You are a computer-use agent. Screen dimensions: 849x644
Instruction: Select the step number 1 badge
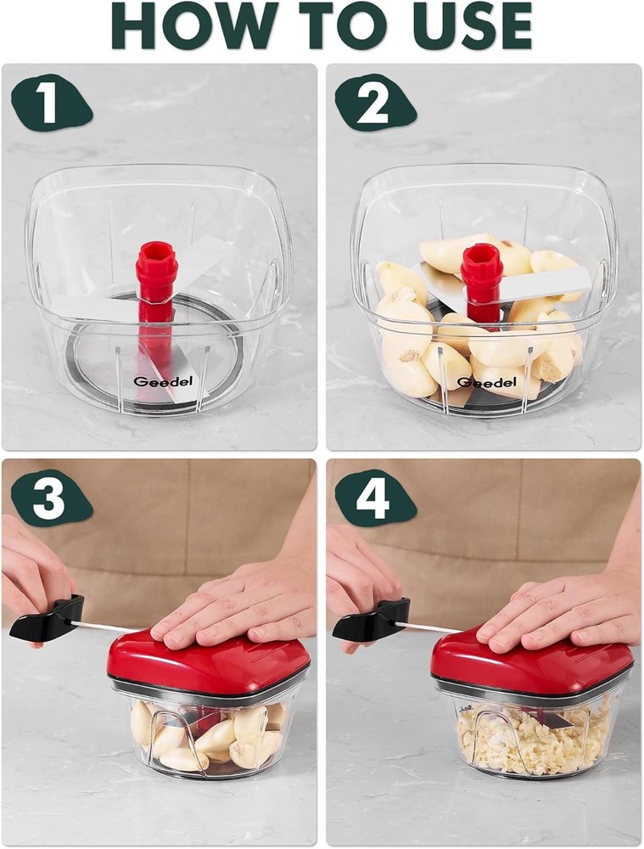click(x=50, y=105)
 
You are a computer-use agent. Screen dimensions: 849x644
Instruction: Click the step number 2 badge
click(x=374, y=105)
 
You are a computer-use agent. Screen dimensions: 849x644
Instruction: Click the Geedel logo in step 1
click(x=151, y=382)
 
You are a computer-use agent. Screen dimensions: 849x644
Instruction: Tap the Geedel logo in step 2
click(x=480, y=383)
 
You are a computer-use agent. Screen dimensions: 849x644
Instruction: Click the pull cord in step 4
click(x=428, y=627)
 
